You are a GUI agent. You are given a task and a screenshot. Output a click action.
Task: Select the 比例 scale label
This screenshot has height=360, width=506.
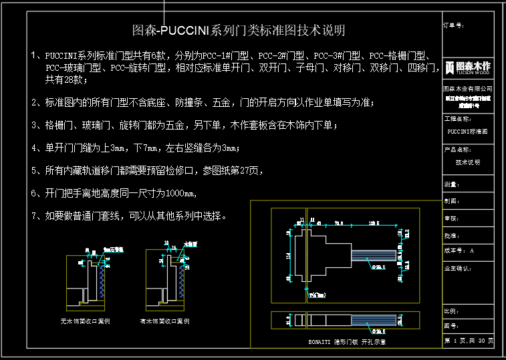450,311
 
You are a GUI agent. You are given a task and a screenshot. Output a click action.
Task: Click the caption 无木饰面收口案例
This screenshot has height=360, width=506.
85,321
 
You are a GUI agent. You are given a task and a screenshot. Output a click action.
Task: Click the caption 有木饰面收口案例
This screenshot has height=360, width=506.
165,321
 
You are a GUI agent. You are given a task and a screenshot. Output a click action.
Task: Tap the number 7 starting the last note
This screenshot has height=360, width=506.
34,216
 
